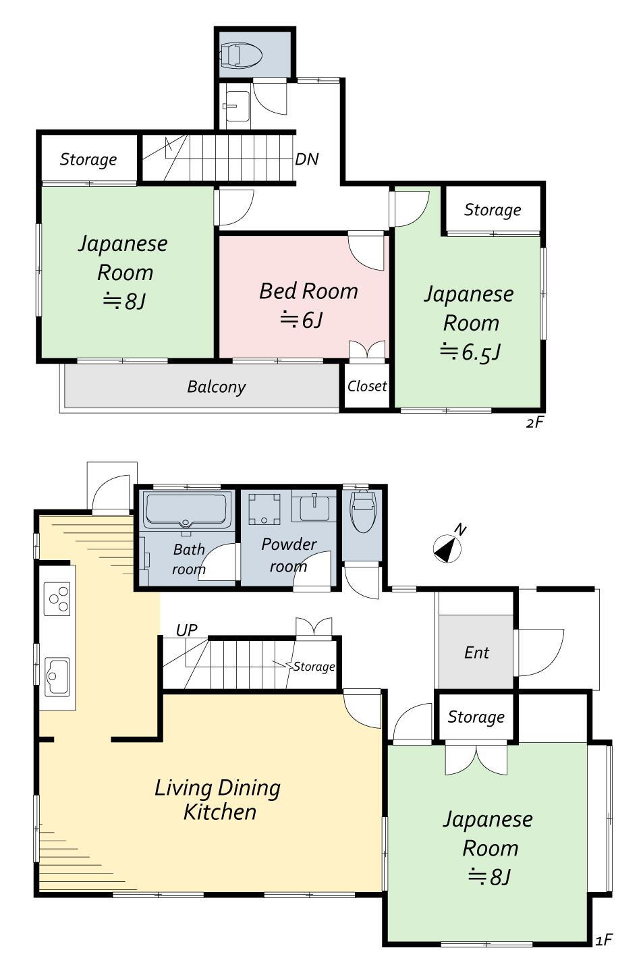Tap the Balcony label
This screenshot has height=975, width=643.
coord(217,387)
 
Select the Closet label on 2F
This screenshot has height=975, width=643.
coord(367,386)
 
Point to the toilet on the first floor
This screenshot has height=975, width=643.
coord(362,511)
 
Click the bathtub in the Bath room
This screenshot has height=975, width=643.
coord(186,509)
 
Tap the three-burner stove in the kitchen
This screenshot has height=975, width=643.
coord(57,598)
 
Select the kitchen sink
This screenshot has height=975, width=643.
coord(57,676)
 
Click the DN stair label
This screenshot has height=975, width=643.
coord(306,159)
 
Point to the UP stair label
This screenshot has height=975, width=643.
coord(186,630)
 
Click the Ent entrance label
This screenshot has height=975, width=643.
coord(476,653)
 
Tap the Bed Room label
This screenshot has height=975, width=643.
coord(308,291)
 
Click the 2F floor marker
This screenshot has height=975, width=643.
coord(535,422)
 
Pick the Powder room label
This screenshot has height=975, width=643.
coord(288,555)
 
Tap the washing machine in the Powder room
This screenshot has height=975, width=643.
coord(264,508)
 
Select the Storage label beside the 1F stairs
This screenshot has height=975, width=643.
coord(314,667)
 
